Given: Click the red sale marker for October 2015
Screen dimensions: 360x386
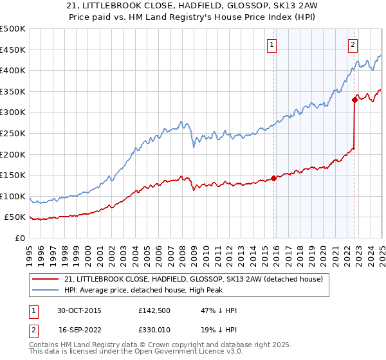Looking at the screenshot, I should tap(274, 178).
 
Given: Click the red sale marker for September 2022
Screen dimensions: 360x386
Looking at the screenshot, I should tap(354, 100).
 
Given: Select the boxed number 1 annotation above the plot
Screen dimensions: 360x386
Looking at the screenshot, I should tap(273, 45).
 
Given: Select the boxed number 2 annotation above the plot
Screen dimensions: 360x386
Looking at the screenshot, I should tap(354, 45).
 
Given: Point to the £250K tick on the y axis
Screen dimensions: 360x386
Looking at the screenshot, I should tap(13, 133).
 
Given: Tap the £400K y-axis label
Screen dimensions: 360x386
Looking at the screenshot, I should tap(13, 70).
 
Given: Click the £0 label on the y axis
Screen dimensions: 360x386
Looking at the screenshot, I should tap(19, 239).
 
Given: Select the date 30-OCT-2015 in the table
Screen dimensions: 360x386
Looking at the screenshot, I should tap(78, 310).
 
